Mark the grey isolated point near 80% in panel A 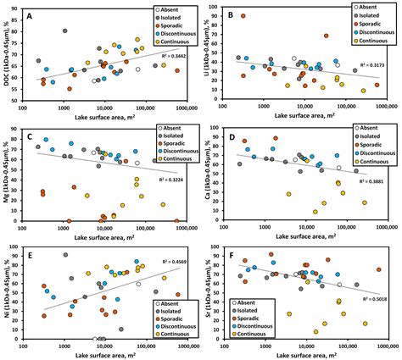[64, 31]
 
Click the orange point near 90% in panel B [243, 16]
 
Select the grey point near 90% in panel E [65, 256]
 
